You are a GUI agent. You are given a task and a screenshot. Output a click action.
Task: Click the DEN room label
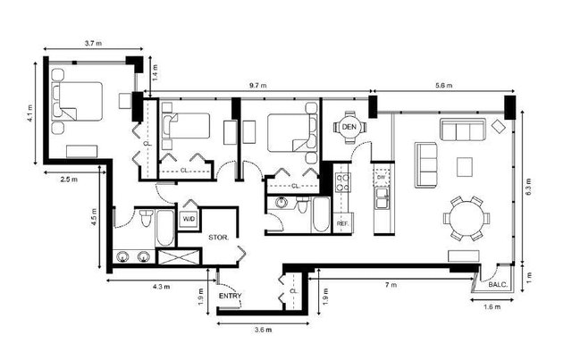(350, 129)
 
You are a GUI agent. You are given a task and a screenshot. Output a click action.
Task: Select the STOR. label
(219, 238)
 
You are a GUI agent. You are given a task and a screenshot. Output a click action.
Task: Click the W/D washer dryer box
(189, 219)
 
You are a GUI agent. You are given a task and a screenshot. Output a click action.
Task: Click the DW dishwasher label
(382, 178)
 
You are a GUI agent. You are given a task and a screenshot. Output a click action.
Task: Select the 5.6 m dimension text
(443, 86)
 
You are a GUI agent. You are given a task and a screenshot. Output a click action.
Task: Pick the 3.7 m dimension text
(91, 43)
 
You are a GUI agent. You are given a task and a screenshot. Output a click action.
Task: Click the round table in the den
(350, 129)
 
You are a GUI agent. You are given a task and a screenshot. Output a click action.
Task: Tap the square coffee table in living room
(464, 166)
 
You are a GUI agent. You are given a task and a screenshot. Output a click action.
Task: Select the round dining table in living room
(465, 218)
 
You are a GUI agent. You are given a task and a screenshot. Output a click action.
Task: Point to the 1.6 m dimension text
(492, 307)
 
